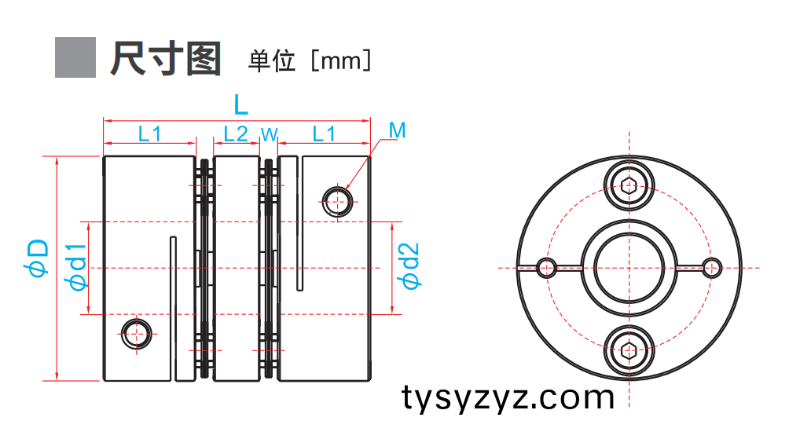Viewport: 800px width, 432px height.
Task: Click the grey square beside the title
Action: point(75,57)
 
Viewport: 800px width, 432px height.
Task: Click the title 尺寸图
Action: point(165,59)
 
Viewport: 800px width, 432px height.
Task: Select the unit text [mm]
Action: point(340,60)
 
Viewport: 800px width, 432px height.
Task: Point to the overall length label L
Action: point(240,105)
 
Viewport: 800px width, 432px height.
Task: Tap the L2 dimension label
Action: point(236,134)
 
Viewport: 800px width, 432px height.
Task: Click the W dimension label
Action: point(269,134)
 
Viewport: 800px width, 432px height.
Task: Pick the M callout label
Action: point(397,130)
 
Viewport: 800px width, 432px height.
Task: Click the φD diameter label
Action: point(39,258)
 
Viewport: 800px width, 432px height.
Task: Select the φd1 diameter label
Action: point(78,267)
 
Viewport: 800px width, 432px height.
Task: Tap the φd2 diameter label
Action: point(410,265)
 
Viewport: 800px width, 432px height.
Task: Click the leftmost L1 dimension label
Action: point(150,134)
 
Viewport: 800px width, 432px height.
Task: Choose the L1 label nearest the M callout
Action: point(324,134)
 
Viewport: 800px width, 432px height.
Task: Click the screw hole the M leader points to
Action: point(337,201)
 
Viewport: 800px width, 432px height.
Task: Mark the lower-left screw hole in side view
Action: point(136,334)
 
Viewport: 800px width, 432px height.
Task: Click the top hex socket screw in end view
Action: point(629,185)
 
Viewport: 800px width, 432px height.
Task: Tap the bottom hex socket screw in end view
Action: point(629,350)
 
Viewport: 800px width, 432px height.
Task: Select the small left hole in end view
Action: point(546,268)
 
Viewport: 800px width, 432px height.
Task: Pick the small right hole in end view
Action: point(712,268)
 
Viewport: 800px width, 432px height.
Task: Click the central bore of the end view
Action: point(629,268)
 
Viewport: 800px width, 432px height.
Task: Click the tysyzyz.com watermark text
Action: point(508,397)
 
